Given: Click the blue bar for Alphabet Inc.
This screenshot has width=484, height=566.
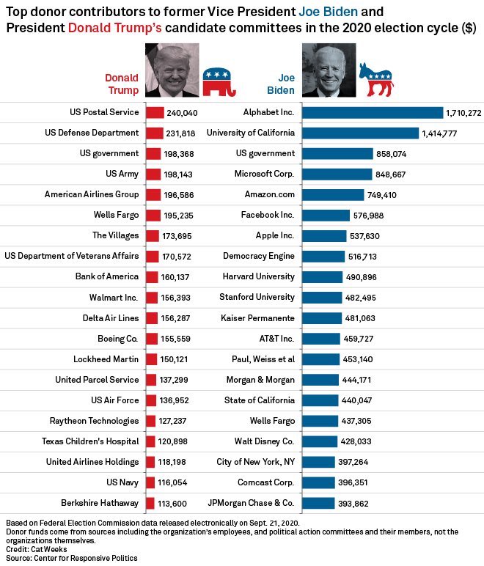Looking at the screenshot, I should pyautogui.click(x=373, y=112).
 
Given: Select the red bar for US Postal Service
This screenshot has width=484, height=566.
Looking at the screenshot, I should pyautogui.click(x=155, y=112).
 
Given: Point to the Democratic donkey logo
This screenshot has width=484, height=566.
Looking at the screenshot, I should pyautogui.click(x=375, y=79).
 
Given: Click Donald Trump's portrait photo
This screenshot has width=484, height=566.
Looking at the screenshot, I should pyautogui.click(x=172, y=70).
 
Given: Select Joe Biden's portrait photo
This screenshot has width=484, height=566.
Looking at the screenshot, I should pyautogui.click(x=329, y=70).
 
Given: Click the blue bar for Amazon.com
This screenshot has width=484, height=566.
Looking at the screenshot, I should pyautogui.click(x=333, y=194).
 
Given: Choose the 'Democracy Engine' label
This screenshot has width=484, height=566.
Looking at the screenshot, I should pyautogui.click(x=259, y=256).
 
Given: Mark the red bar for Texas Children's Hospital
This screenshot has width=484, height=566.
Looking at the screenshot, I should pyautogui.click(x=152, y=441).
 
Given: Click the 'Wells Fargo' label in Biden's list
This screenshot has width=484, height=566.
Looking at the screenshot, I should pyautogui.click(x=272, y=421).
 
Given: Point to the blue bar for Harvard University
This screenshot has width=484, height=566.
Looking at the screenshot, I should pyautogui.click(x=322, y=276).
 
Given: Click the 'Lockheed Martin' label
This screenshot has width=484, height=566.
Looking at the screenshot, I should pyautogui.click(x=106, y=359).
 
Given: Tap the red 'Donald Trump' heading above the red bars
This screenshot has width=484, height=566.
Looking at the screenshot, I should pyautogui.click(x=121, y=84).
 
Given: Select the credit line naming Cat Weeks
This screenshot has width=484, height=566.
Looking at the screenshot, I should pyautogui.click(x=29, y=548).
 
